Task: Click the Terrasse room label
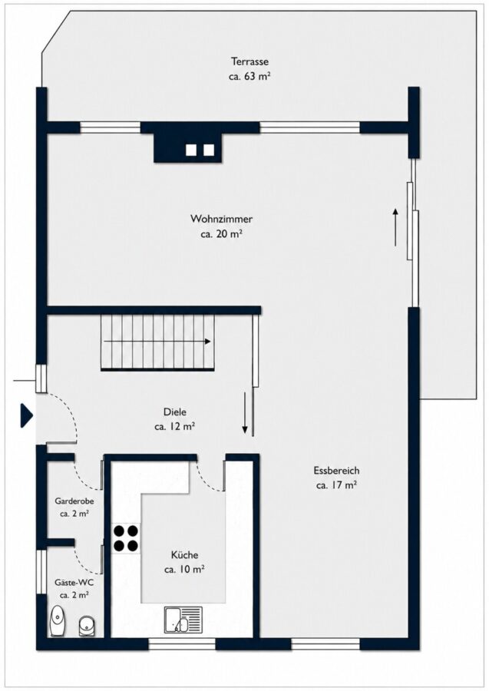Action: [x=249, y=61]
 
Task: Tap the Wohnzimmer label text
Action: [x=221, y=219]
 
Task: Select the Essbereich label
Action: [x=336, y=470]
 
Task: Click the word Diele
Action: [x=174, y=412]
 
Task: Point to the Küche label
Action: [x=184, y=555]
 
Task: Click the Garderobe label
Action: [x=74, y=501]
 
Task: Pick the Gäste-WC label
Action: [x=74, y=582]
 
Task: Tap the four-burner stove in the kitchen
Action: [x=126, y=538]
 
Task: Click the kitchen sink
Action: [x=183, y=619]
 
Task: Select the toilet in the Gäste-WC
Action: [x=58, y=620]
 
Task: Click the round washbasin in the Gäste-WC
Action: [x=86, y=626]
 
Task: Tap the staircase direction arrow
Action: [x=157, y=342]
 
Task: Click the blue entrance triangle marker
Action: [x=26, y=415]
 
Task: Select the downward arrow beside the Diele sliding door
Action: [x=246, y=413]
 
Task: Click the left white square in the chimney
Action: [x=191, y=150]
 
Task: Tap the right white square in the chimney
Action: [x=209, y=150]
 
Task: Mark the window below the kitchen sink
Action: [x=182, y=644]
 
